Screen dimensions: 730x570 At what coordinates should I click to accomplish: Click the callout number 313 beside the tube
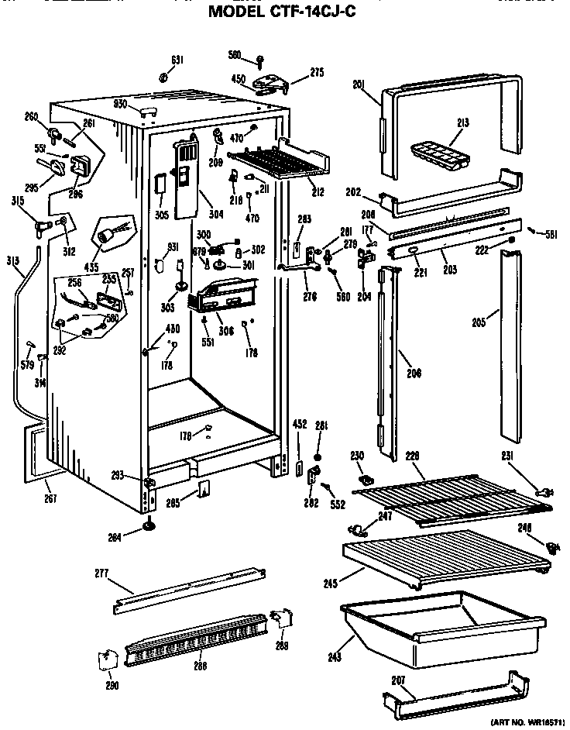12,260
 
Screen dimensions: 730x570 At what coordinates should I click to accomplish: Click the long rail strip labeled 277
191,590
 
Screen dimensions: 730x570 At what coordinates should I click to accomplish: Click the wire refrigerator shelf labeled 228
453,496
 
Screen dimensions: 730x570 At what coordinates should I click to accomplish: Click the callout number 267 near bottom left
50,498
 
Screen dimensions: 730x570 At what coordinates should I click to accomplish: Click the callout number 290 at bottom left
113,684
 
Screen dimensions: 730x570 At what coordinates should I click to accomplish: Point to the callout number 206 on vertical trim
414,374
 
